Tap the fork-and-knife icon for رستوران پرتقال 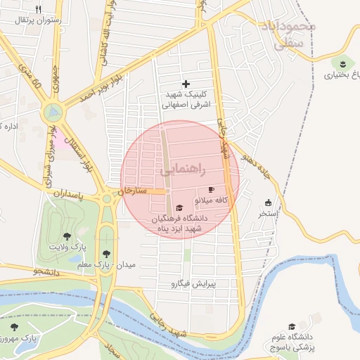pyautogui.click(x=38, y=9)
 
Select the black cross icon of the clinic pyautogui.click(x=186, y=84)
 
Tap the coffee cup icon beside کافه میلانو pyautogui.click(x=211, y=191)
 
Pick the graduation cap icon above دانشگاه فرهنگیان pyautogui.click(x=179, y=208)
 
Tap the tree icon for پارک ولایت pyautogui.click(x=67, y=236)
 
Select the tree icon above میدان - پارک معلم pyautogui.click(x=106, y=253)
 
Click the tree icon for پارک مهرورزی pyautogui.click(x=14, y=327)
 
